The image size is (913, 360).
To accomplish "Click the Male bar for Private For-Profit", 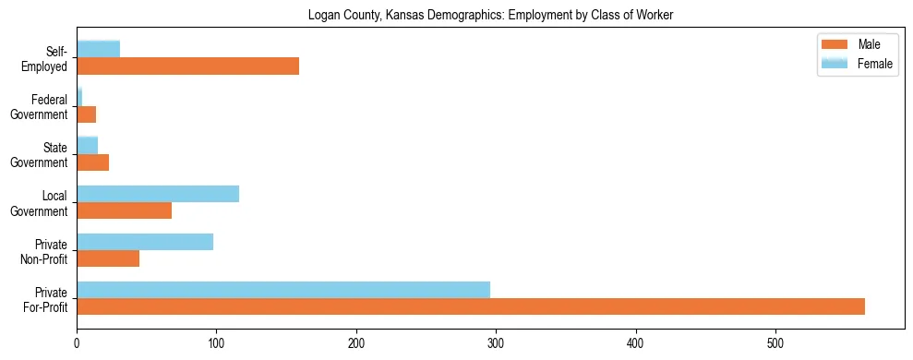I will click(471, 306).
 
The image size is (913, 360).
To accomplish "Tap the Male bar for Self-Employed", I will click(187, 66).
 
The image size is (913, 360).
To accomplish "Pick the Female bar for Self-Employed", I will click(99, 49).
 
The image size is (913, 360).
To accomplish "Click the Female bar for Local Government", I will click(158, 193).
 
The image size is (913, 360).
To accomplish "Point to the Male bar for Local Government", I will click(125, 210).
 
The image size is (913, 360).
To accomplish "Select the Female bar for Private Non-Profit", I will click(145, 241).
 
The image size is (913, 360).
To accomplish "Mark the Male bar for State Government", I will click(93, 162).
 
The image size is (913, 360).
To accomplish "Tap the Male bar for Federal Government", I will click(87, 114).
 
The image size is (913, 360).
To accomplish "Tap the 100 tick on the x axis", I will click(217, 330).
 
